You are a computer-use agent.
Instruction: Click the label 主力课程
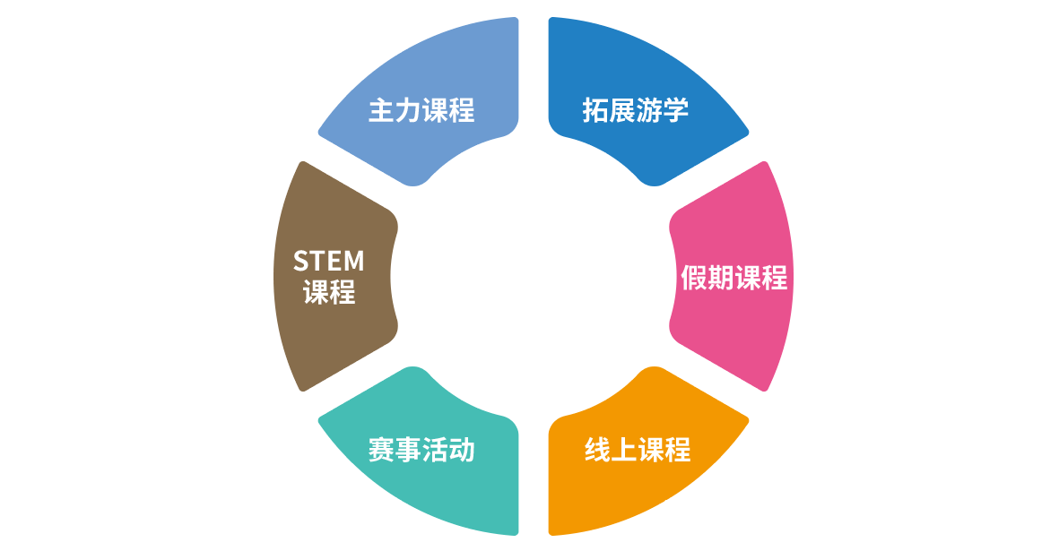coord(421,110)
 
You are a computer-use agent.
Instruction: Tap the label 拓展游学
coord(636,110)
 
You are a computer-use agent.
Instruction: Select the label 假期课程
coord(734,278)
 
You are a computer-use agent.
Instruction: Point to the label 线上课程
coord(638,450)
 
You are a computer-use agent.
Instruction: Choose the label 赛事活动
coord(421,450)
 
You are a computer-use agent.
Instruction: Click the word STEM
coord(329,261)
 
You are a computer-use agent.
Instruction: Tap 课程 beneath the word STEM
coord(329,293)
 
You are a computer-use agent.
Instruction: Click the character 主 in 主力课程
coord(382,110)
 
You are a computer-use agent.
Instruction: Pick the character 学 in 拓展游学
coord(676,110)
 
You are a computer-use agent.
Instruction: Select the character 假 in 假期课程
coord(694,278)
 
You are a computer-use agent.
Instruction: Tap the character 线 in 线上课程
coord(598,450)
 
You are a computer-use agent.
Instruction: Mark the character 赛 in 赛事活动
coord(382,450)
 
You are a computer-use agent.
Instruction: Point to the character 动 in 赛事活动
coord(462,450)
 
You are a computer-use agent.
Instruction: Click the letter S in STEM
coord(301,261)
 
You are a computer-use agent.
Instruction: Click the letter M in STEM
coord(354,261)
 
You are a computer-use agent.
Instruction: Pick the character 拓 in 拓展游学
coord(595,110)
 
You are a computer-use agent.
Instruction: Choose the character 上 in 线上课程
coord(625,450)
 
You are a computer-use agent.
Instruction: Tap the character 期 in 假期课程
coord(721,278)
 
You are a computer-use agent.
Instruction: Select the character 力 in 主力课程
coord(408,110)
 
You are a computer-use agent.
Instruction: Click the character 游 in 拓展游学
coord(649,110)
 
